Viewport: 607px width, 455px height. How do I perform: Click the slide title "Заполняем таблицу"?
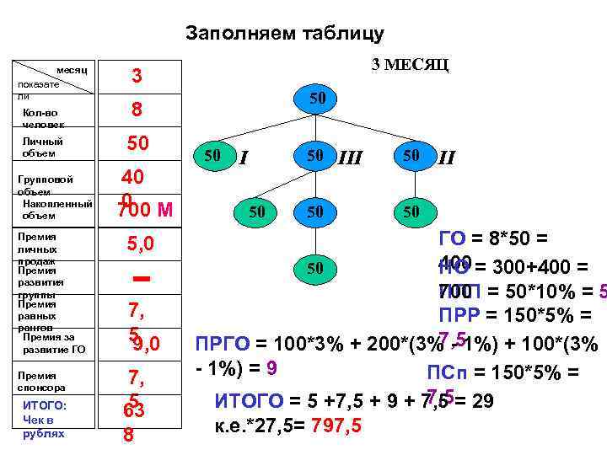pos(284,34)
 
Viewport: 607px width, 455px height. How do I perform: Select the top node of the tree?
pos(316,99)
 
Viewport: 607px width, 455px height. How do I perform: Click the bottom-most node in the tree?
pos(315,268)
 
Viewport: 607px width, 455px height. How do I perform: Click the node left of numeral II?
pos(411,156)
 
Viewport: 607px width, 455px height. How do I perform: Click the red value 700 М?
pos(145,211)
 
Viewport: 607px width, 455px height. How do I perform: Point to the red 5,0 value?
pos(140,244)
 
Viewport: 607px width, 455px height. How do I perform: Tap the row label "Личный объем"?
pos(43,147)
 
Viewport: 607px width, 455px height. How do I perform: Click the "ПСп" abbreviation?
pos(443,372)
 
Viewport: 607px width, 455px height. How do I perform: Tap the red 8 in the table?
pos(135,110)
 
